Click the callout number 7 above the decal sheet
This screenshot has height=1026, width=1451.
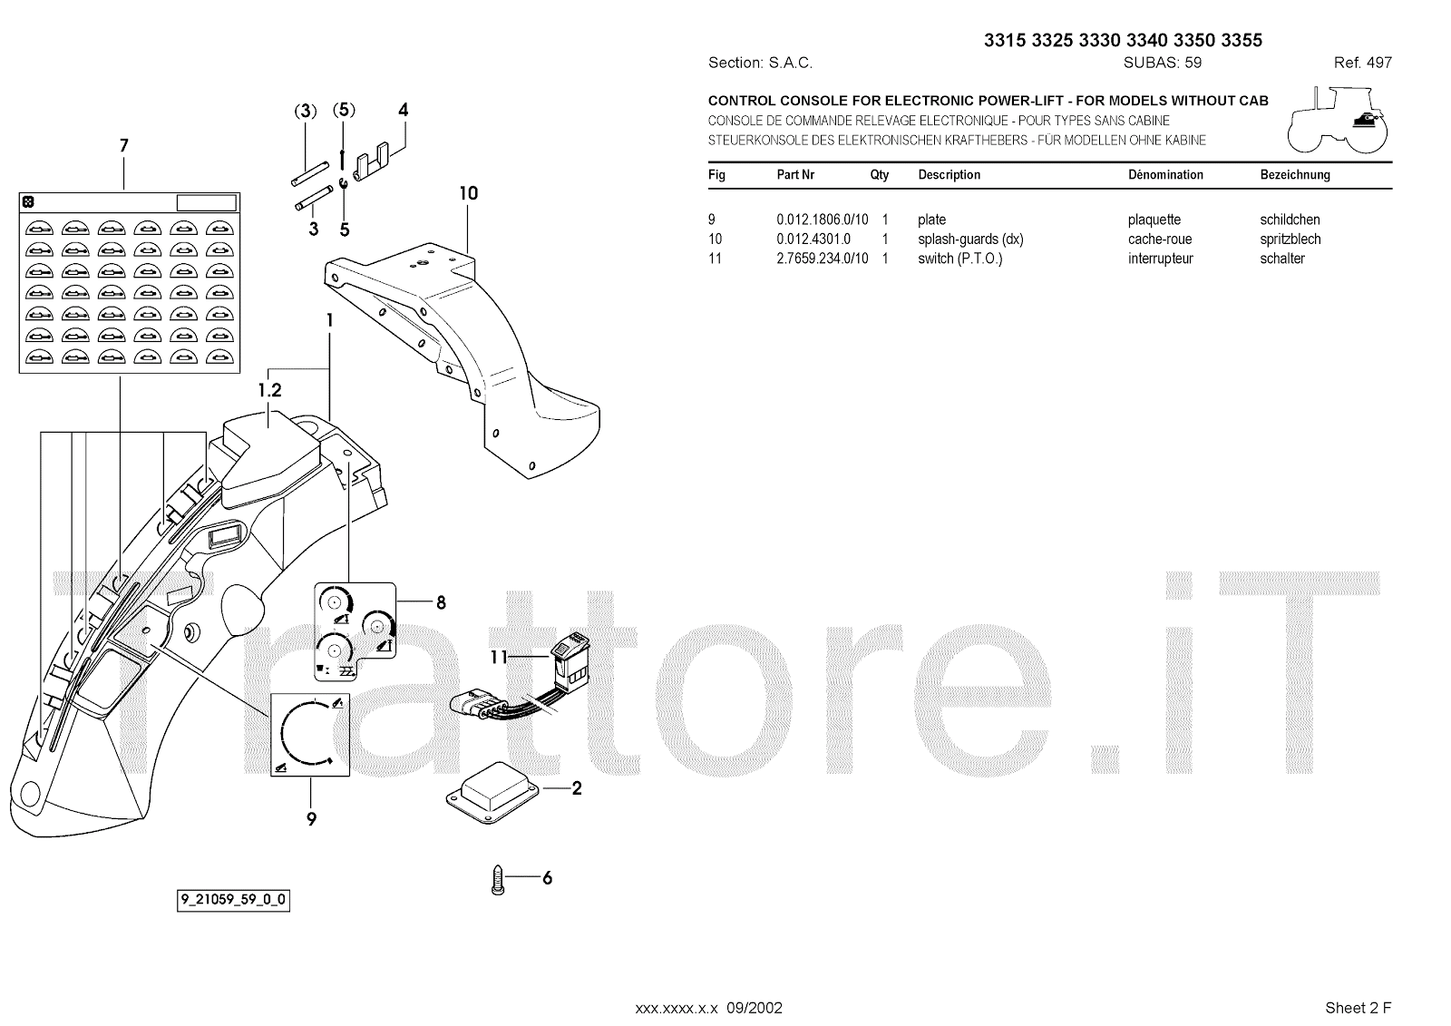124,146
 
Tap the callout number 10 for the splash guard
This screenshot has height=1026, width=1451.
468,193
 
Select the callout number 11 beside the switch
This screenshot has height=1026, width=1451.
499,658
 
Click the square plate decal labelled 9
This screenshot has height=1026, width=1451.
310,737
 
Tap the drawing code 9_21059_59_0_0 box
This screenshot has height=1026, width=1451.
233,901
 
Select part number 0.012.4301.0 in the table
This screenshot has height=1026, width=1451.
813,239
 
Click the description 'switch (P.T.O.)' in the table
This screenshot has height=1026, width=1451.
959,259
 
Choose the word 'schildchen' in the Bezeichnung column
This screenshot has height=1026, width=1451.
1290,220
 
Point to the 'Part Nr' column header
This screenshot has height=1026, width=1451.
795,175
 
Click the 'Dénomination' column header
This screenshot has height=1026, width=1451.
1165,175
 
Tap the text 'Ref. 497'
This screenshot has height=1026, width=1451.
1362,63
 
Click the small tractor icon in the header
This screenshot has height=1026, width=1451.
1337,121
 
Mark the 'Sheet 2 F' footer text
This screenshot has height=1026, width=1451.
1358,1008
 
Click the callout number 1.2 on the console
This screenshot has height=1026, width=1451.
269,391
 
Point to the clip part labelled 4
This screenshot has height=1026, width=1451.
372,163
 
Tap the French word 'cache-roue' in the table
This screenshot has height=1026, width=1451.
1160,239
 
